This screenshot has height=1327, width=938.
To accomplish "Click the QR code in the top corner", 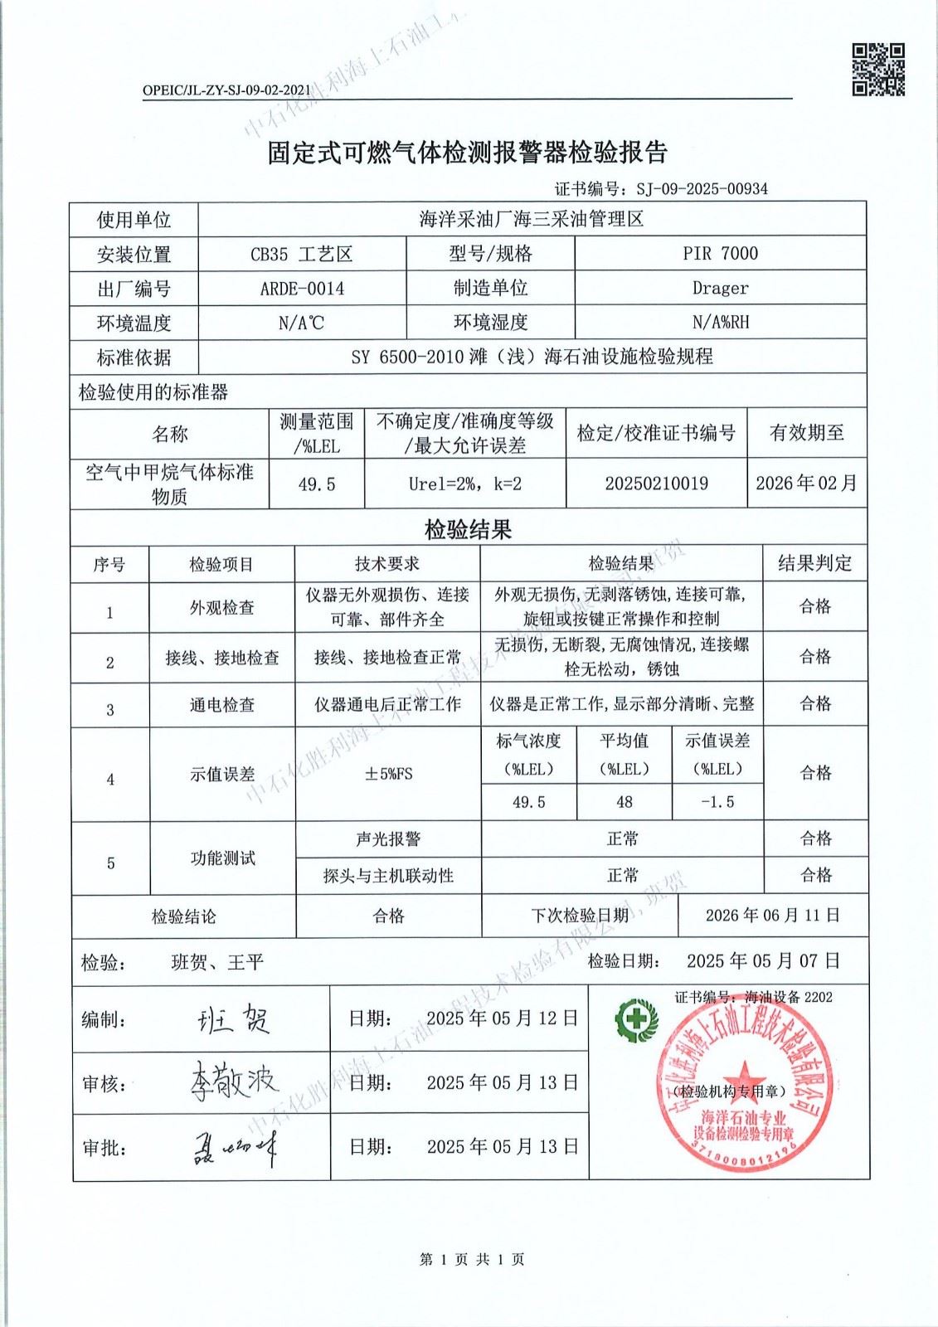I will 878,70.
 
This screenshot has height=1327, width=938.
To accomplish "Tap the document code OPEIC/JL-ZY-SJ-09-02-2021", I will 226,90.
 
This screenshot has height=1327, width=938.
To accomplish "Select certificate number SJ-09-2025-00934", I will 702,189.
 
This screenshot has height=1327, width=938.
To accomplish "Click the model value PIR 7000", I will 720,254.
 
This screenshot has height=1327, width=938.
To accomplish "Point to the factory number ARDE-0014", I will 302,289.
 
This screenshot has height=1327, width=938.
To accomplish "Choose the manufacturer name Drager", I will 720,289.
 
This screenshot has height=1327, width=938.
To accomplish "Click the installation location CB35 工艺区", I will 302,254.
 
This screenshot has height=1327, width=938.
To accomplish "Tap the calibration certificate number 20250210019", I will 656,484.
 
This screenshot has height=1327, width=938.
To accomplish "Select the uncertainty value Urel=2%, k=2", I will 464,484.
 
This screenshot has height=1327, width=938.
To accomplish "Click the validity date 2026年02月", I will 806,484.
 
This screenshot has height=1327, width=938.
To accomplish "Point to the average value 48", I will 624,802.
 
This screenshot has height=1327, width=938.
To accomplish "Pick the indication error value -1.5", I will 717,802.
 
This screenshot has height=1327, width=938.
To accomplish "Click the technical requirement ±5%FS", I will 388,774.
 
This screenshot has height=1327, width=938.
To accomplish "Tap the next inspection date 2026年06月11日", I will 773,916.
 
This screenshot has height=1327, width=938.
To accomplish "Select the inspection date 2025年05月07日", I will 763,961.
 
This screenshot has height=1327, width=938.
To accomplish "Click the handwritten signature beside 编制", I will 234,1019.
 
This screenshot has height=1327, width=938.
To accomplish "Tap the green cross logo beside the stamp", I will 635,1019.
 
